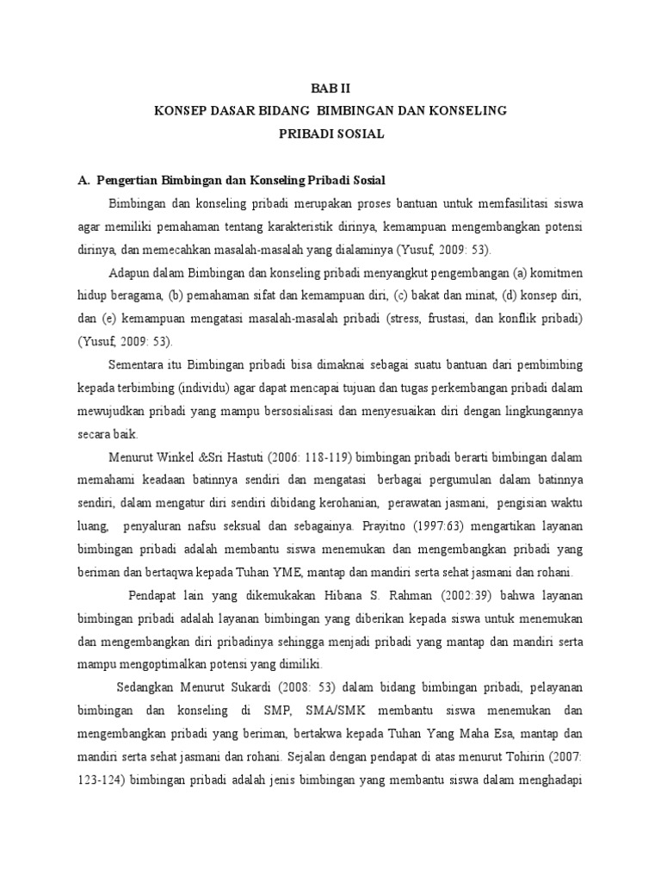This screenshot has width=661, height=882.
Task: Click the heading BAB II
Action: point(330,89)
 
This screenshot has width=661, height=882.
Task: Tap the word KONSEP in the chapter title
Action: point(178,111)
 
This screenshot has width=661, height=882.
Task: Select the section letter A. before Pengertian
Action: point(83,180)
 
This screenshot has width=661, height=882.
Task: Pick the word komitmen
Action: point(559,272)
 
